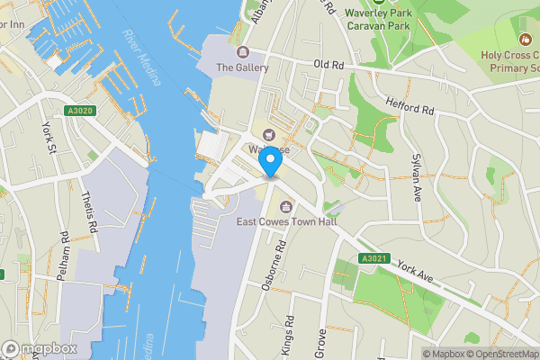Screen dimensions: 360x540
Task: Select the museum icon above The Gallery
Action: [x=242, y=52]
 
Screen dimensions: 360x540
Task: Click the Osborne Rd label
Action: [x=281, y=260]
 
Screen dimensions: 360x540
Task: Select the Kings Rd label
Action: [x=289, y=333]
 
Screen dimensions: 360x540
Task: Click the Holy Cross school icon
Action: [x=525, y=40]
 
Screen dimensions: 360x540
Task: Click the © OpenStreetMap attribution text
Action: [x=499, y=354]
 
